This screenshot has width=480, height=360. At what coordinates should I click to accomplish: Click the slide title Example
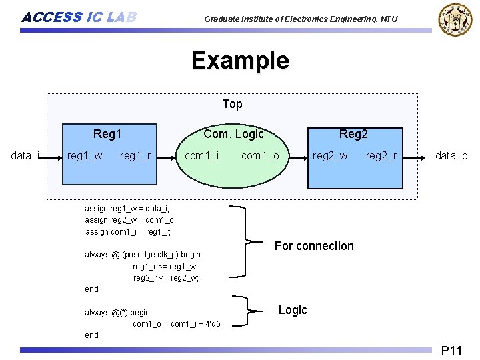click(240, 61)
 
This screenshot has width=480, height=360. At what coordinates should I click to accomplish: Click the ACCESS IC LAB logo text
click(79, 17)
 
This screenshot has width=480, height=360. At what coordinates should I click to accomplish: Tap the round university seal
click(454, 20)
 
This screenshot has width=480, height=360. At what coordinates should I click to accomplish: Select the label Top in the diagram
click(232, 104)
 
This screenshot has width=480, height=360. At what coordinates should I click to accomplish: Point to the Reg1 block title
click(107, 134)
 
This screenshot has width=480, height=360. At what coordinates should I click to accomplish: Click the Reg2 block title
click(353, 134)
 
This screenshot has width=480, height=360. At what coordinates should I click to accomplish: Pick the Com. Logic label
click(233, 134)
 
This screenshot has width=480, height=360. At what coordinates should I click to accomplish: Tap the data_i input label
click(25, 156)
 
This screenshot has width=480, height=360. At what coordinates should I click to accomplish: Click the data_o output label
click(451, 156)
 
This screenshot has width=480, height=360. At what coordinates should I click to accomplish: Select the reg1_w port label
click(85, 156)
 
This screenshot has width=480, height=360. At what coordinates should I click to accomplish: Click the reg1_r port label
click(135, 156)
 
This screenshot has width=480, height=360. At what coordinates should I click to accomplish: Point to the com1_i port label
click(201, 156)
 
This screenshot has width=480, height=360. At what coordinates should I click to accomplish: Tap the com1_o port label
click(260, 156)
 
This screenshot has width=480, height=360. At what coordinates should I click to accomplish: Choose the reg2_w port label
click(330, 156)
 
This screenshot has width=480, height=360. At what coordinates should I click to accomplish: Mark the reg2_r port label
click(381, 156)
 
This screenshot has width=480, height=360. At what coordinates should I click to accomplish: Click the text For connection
click(314, 246)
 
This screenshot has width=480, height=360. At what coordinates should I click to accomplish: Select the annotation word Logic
click(293, 310)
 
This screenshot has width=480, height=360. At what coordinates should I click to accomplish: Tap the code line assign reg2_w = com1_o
click(131, 219)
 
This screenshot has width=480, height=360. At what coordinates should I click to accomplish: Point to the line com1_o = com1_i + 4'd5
click(177, 324)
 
